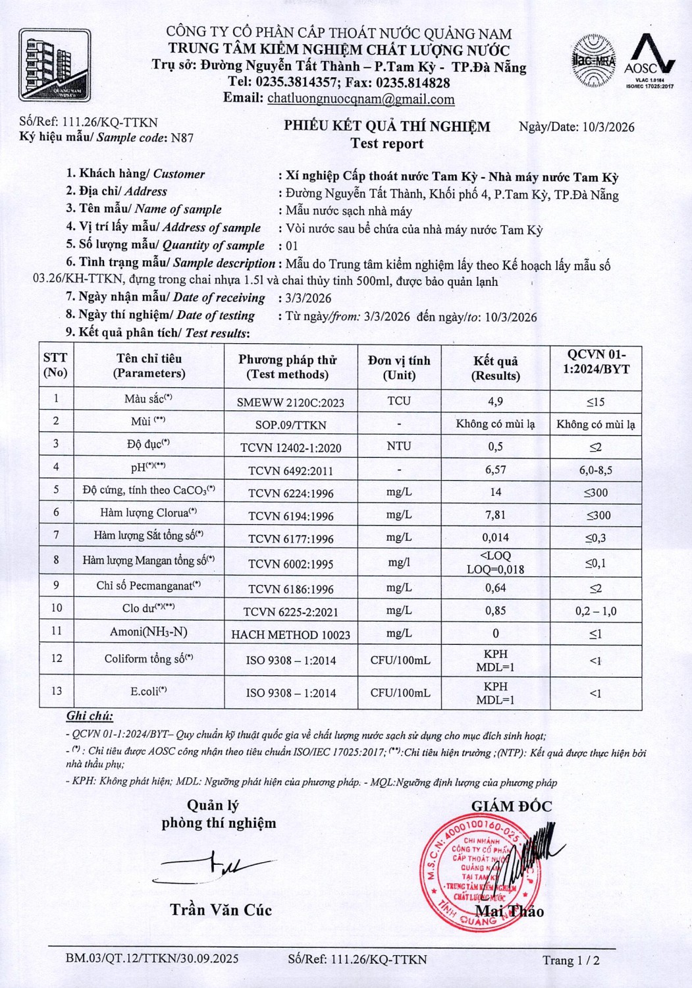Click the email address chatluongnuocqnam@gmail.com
(x=361, y=99)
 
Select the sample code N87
(x=182, y=138)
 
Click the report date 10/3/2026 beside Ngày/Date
(x=608, y=127)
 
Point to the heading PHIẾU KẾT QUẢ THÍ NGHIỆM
(x=387, y=126)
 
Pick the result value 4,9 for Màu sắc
(x=496, y=401)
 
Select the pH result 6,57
(x=496, y=469)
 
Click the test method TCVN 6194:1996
(x=291, y=516)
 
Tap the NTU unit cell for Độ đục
(x=399, y=446)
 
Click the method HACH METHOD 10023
(x=291, y=635)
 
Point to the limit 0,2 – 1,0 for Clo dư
(x=596, y=611)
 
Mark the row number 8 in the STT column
(x=56, y=560)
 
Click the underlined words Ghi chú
(x=90, y=717)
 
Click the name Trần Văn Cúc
(x=221, y=910)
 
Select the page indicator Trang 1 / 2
(x=571, y=960)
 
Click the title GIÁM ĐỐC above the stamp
(x=511, y=806)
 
